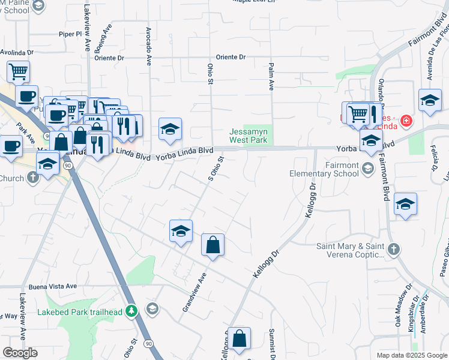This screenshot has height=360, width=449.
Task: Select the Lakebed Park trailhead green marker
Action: [x=133, y=311]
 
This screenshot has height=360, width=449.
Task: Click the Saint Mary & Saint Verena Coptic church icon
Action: [x=393, y=248]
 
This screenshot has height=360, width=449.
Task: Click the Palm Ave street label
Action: [x=271, y=77]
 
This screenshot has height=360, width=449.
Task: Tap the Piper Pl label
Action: [x=70, y=34]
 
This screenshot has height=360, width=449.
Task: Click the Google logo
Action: [x=20, y=353]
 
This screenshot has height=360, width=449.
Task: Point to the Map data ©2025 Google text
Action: [x=411, y=355]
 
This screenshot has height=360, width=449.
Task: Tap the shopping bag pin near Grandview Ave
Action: [x=212, y=245]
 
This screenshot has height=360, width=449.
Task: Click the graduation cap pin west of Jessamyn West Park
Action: [x=170, y=129]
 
